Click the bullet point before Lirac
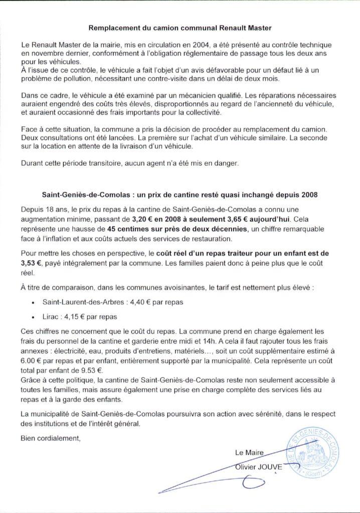pyautogui.click(x=33, y=318)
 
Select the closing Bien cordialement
pyautogui.click(x=50, y=438)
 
